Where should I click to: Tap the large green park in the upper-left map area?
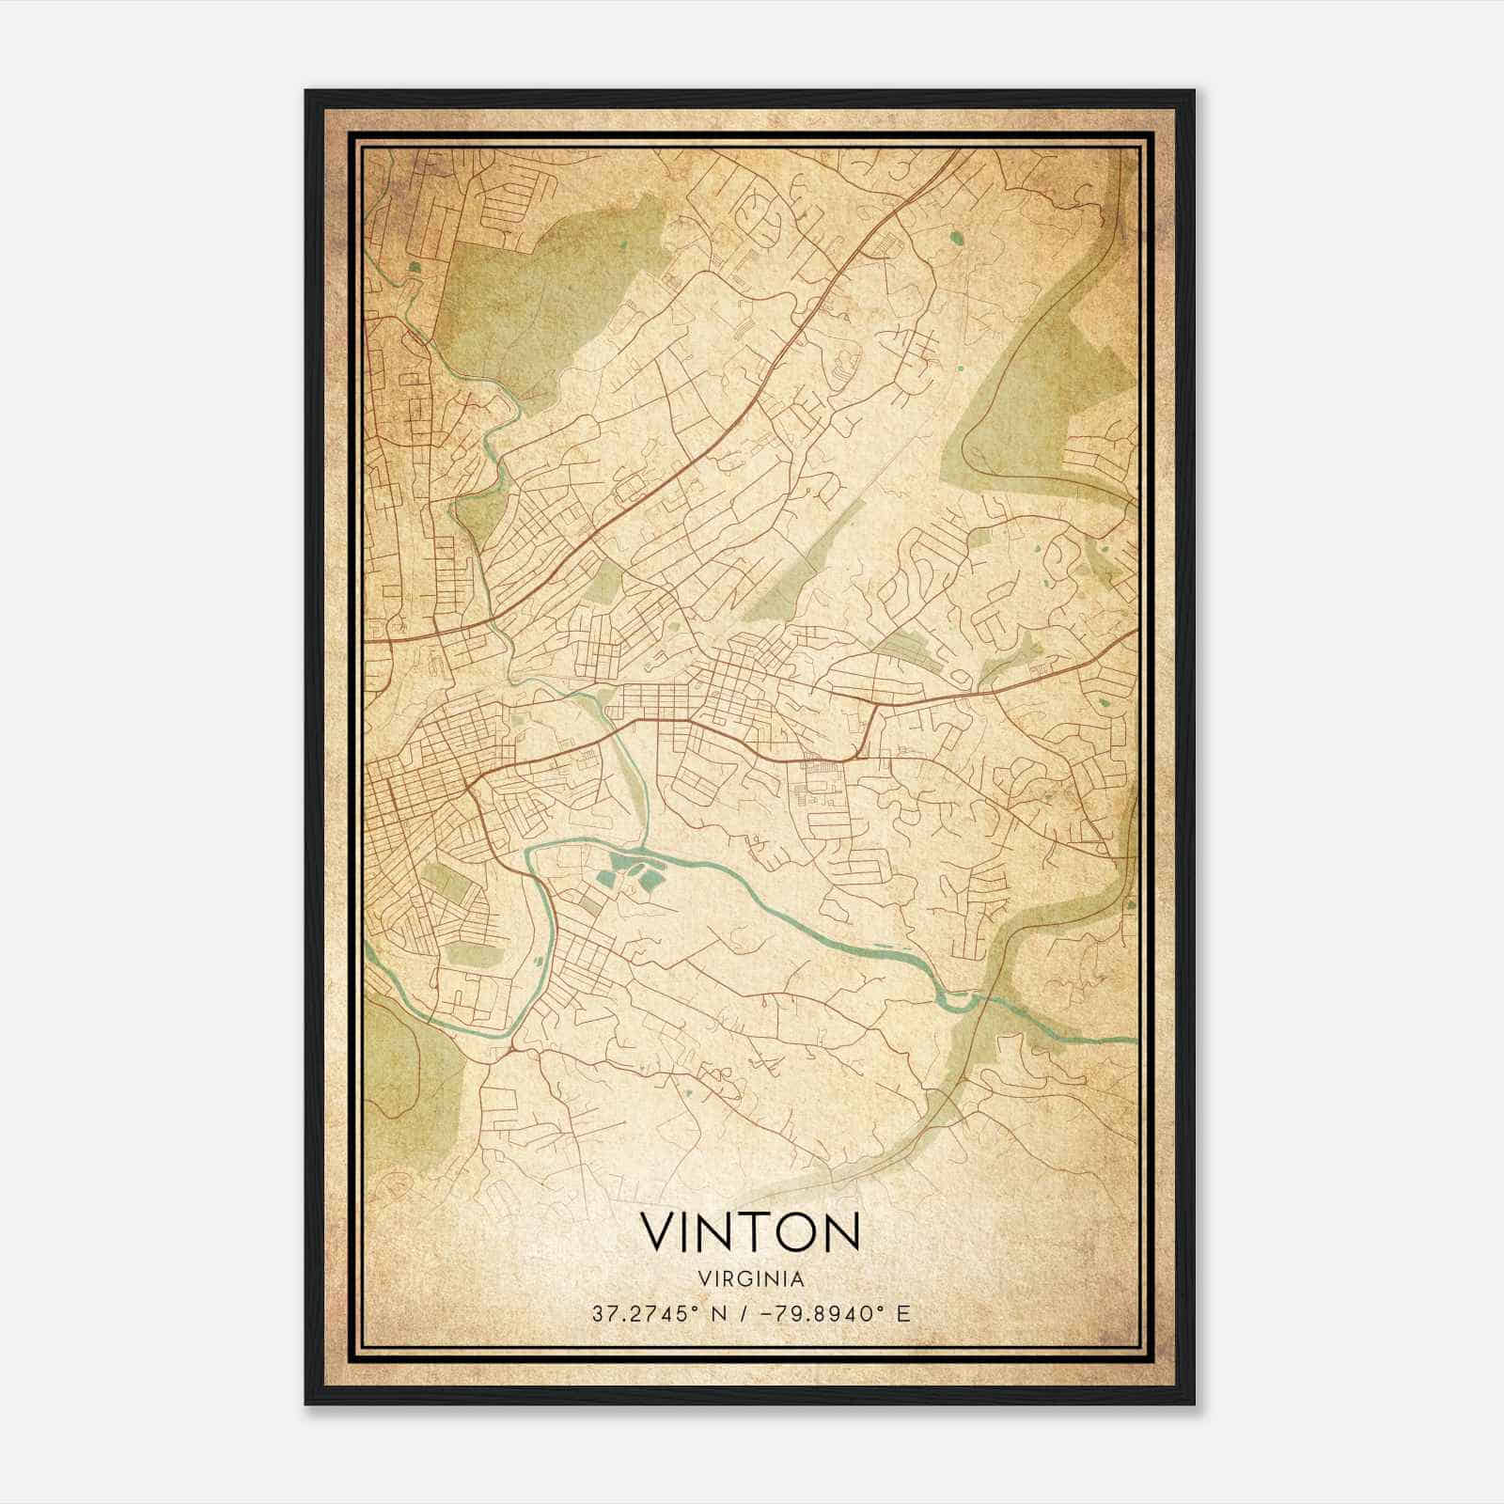click(x=526, y=301)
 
